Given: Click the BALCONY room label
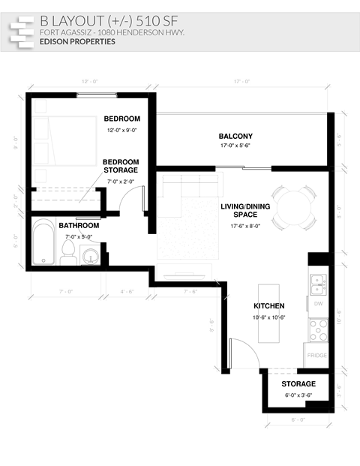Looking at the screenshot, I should pyautogui.click(x=235, y=137).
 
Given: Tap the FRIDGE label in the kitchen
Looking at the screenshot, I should pyautogui.click(x=316, y=356).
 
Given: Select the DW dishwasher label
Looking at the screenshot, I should pyautogui.click(x=318, y=304).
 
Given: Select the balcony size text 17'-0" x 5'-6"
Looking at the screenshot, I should pyautogui.click(x=235, y=146).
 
